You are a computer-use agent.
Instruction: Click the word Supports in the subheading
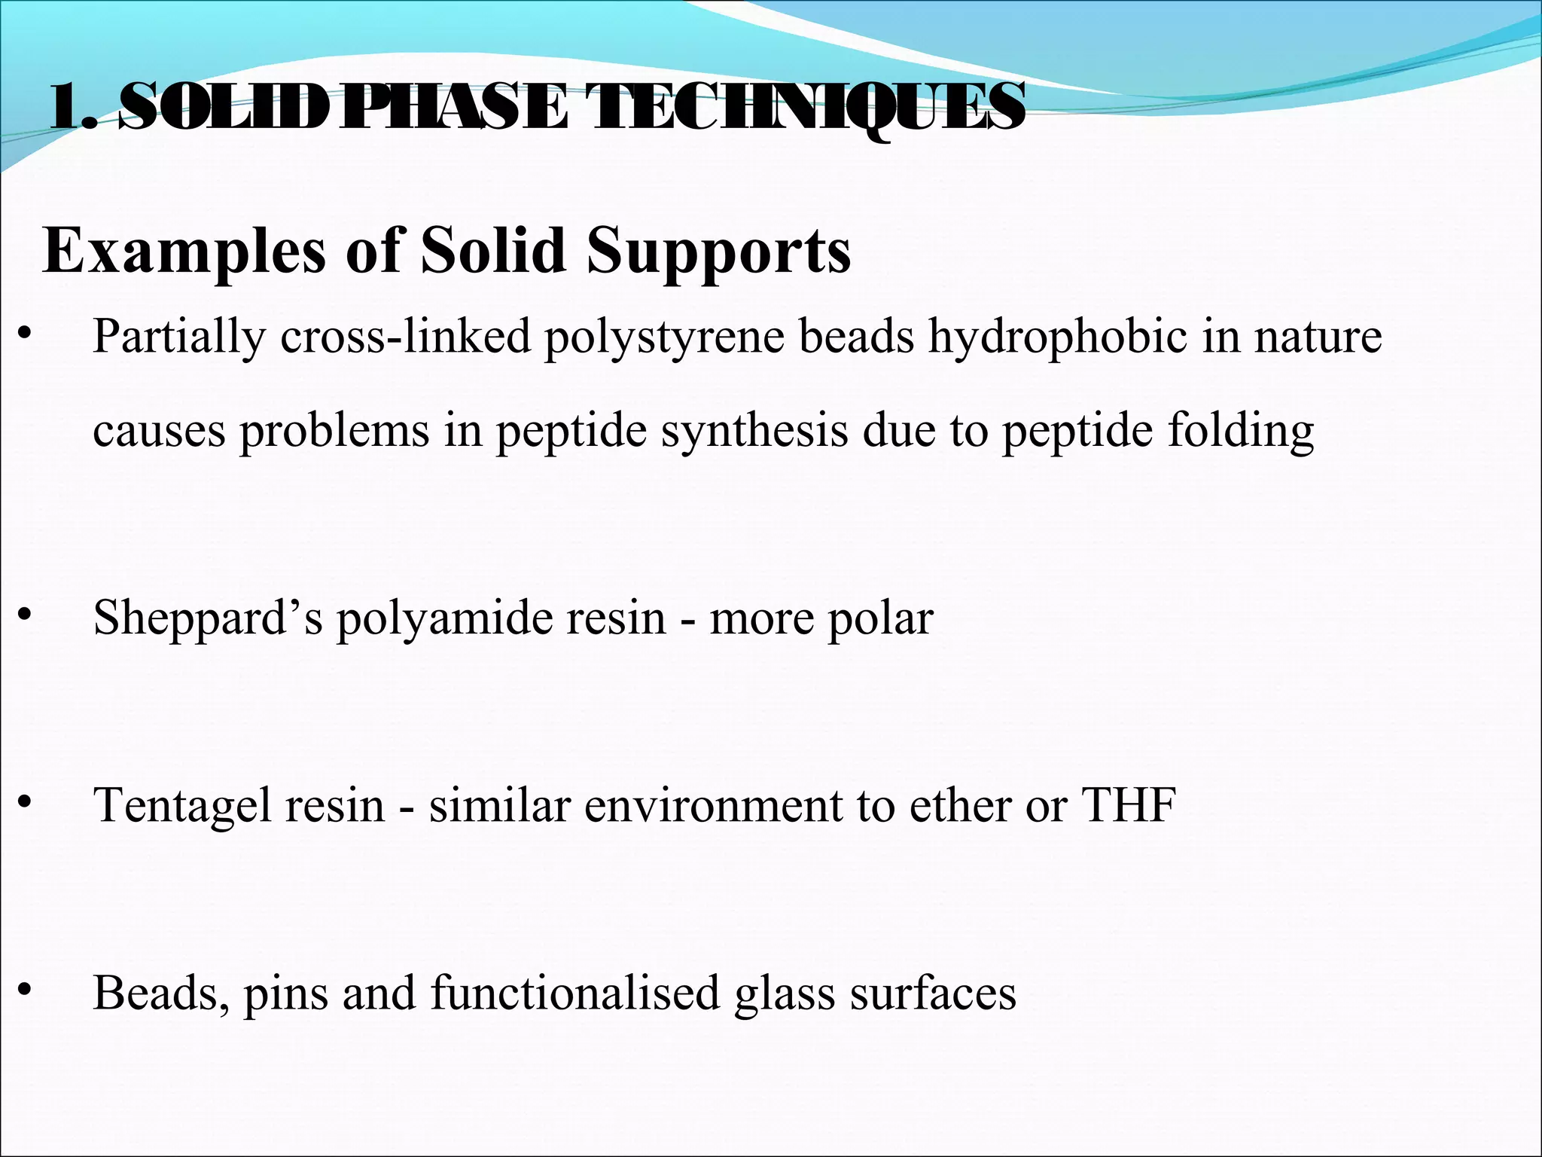pyautogui.click(x=719, y=251)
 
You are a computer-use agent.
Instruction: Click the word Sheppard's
pyautogui.click(x=208, y=618)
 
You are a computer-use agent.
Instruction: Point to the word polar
pyautogui.click(x=880, y=618)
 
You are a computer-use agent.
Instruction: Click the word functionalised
pyautogui.click(x=576, y=992)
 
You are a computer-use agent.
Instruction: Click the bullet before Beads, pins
pyautogui.click(x=26, y=991)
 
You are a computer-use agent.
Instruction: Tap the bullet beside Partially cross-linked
pyautogui.click(x=26, y=334)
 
